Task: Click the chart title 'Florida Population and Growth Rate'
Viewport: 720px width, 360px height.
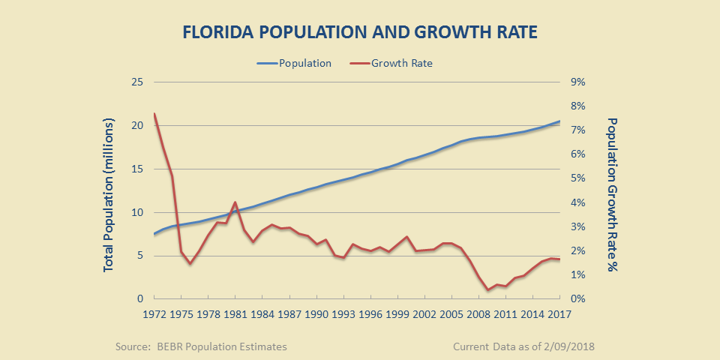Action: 360,33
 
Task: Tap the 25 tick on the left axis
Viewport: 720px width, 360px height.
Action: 137,82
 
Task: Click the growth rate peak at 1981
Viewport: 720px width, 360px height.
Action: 235,202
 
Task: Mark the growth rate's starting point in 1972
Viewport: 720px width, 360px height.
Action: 154,114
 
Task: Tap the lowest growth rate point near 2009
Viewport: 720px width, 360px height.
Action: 487,290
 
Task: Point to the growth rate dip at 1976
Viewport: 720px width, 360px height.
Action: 190,263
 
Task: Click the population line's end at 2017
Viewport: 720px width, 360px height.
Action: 559,121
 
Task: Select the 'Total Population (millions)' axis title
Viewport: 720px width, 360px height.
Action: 109,193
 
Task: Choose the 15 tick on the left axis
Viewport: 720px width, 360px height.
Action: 137,169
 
